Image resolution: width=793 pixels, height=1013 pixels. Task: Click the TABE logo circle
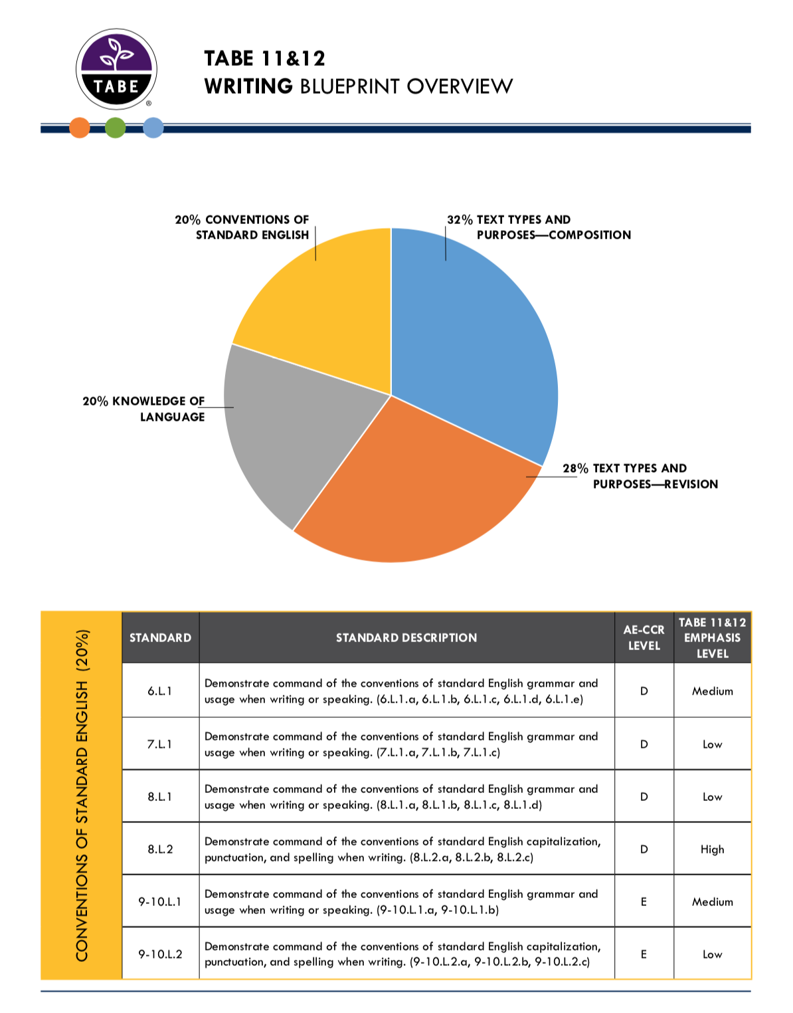click(117, 68)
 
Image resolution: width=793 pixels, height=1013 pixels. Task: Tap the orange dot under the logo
click(80, 128)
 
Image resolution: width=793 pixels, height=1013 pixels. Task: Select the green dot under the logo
click(116, 128)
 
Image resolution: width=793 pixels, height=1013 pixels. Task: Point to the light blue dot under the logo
click(153, 128)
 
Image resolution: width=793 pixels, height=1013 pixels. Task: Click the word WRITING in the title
click(248, 86)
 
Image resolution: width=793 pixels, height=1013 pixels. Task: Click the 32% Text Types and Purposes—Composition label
click(539, 227)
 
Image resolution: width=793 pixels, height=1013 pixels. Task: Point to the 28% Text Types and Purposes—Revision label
click(640, 476)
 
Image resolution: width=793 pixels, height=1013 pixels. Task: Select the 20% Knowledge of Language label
click(144, 409)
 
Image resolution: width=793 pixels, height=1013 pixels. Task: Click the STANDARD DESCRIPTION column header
click(406, 637)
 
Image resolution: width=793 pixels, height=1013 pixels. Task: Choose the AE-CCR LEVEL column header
click(644, 637)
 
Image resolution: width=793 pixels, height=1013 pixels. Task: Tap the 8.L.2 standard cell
click(160, 849)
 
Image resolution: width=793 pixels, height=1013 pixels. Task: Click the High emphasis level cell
click(712, 849)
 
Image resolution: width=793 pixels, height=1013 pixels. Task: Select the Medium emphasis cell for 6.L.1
click(712, 691)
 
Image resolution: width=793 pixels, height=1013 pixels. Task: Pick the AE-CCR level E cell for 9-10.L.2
click(644, 954)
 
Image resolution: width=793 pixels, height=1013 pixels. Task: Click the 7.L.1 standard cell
click(160, 744)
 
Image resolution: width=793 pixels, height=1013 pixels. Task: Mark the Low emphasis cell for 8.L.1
click(712, 796)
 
